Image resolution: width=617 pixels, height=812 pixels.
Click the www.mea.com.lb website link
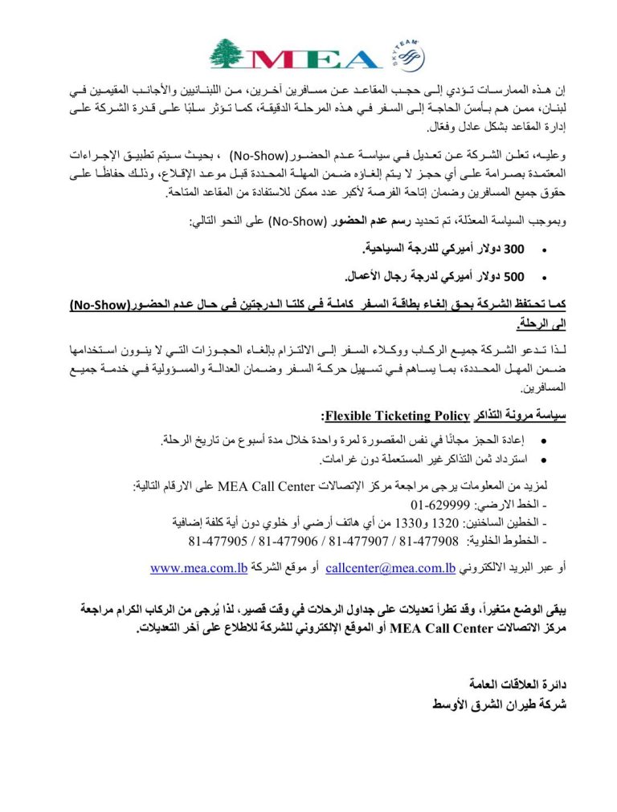(198, 568)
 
